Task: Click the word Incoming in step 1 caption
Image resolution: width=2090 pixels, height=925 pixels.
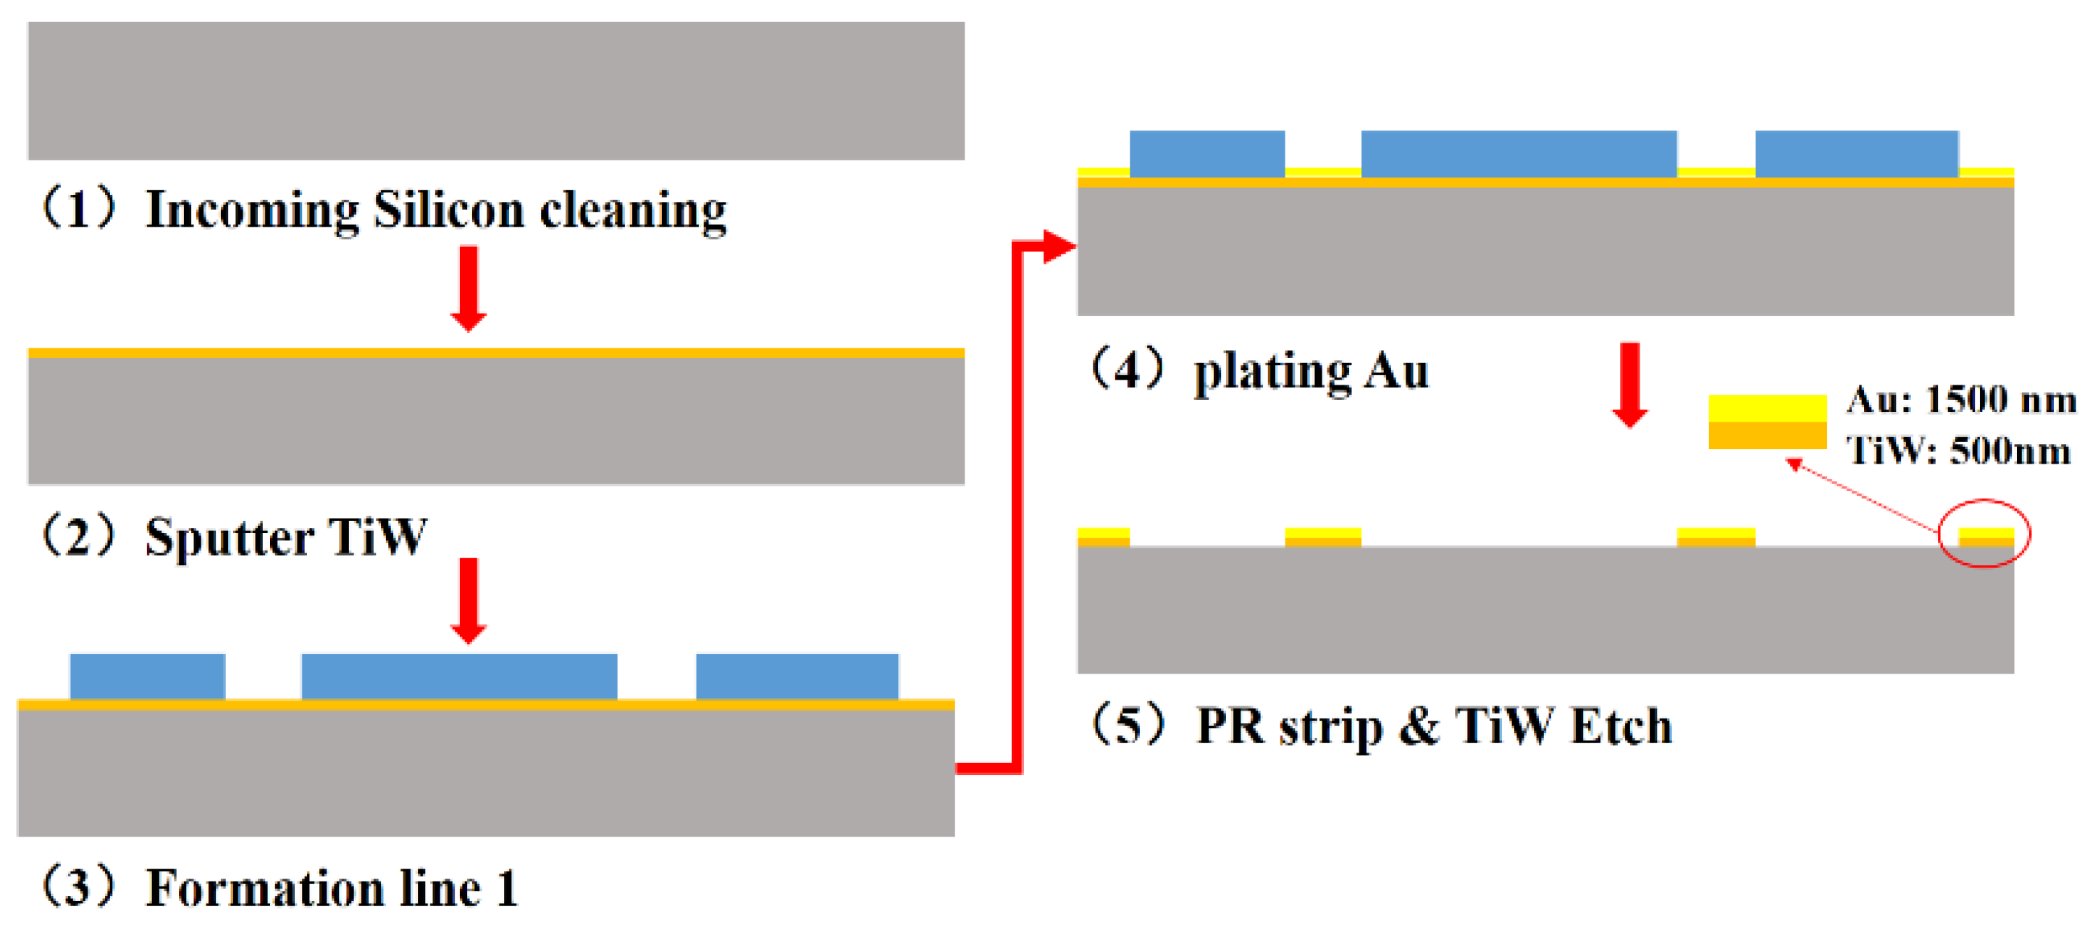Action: click(x=251, y=211)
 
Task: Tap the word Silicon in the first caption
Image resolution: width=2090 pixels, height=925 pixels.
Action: click(x=449, y=211)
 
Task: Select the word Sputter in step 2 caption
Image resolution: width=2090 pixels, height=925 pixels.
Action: click(x=229, y=537)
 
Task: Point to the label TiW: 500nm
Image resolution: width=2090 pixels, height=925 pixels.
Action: click(x=1957, y=451)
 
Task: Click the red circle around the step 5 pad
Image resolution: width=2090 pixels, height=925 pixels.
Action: click(x=1984, y=533)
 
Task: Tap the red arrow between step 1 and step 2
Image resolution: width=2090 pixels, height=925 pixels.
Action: click(x=468, y=289)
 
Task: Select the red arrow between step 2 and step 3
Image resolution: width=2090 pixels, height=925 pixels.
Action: click(x=468, y=600)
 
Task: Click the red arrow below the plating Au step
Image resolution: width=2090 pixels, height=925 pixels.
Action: click(x=1630, y=385)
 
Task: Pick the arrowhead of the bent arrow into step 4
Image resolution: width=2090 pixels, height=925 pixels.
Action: click(x=1058, y=247)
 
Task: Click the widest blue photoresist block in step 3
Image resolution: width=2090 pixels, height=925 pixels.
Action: click(x=459, y=676)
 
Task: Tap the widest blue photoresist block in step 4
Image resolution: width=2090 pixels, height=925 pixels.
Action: click(x=1519, y=154)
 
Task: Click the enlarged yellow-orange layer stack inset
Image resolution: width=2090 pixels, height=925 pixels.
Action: click(x=1767, y=422)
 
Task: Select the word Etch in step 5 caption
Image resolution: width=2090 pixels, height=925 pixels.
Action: click(x=1621, y=727)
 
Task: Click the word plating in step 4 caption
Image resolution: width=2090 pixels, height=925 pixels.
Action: click(x=1272, y=373)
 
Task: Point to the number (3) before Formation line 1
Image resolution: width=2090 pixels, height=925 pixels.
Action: click(x=78, y=886)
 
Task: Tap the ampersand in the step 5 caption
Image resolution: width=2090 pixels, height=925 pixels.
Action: click(x=1418, y=727)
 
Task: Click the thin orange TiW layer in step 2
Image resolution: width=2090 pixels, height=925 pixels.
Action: click(x=496, y=353)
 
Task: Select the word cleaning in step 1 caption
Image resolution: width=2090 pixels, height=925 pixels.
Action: click(x=633, y=211)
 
